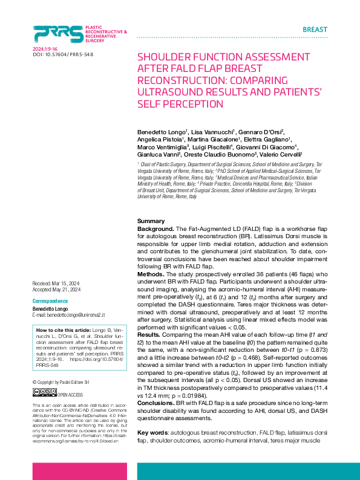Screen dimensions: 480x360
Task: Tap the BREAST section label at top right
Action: pos(315,30)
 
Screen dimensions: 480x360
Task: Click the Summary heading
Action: pos(151,221)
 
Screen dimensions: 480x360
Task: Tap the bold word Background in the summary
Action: pos(155,230)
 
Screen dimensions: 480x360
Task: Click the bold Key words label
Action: pos(154,434)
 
